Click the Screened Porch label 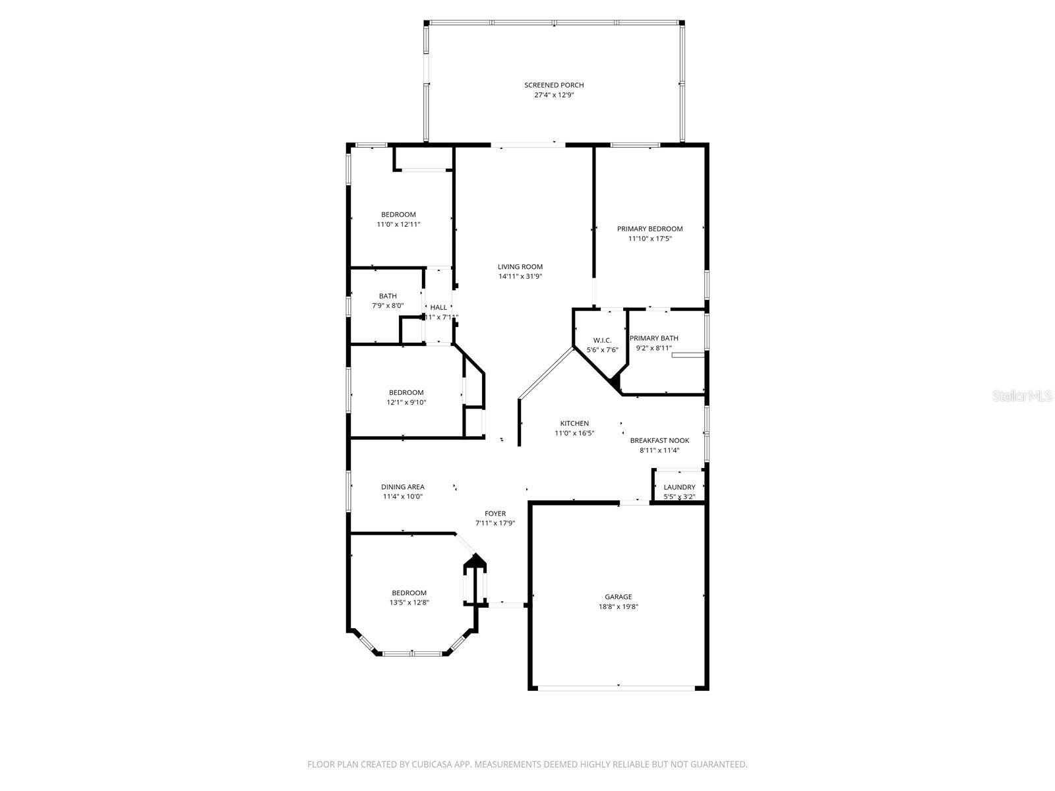click(x=554, y=85)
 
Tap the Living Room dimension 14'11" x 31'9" click(x=520, y=277)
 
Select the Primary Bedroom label click(x=649, y=229)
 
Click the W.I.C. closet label click(x=602, y=340)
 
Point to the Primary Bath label click(x=653, y=338)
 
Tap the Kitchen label click(x=574, y=423)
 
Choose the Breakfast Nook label click(x=659, y=440)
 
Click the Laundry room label click(x=679, y=487)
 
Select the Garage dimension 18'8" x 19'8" click(x=618, y=607)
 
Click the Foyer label click(x=495, y=513)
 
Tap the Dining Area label click(x=402, y=487)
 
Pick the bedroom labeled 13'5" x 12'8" click(x=409, y=597)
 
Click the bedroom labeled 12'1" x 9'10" click(x=406, y=397)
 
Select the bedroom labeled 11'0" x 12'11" click(x=398, y=219)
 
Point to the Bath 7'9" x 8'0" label click(x=388, y=301)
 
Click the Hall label click(x=438, y=307)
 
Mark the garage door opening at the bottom click(x=617, y=688)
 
